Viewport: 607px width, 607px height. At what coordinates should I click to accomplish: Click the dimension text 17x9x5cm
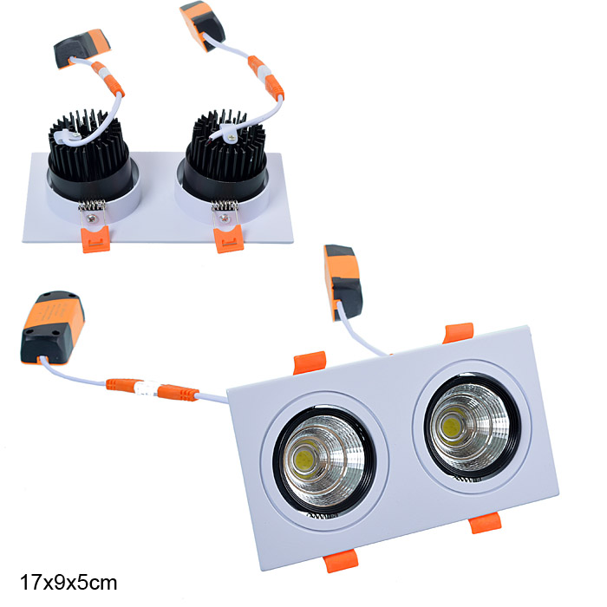coord(69,583)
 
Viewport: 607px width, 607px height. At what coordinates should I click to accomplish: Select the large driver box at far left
coord(53,328)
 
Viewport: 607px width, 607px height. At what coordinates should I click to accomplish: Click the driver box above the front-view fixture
coord(343,283)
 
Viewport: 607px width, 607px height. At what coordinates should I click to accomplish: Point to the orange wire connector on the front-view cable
coord(153,388)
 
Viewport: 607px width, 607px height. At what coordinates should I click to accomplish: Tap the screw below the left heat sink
coord(92,219)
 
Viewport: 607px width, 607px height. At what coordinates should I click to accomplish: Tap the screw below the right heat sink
coord(225,219)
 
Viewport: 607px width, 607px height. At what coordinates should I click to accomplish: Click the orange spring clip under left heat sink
coord(95,239)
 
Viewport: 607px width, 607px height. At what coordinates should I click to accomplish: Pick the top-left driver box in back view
coord(82,48)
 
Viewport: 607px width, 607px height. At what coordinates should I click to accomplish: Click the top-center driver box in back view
coord(202,25)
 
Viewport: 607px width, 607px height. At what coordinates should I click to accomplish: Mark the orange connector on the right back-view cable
coord(266,77)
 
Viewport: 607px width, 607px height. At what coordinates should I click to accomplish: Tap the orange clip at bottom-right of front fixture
coord(485,524)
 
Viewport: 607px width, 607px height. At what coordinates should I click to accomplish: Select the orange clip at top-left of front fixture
coord(310,362)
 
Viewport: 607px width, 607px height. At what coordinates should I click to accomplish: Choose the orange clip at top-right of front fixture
coord(458,333)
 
